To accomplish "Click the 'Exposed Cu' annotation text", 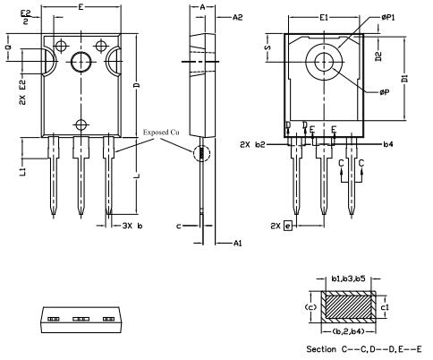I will (165, 133).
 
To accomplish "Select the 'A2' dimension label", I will (237, 17).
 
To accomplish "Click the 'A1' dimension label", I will (237, 243).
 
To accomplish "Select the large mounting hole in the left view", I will (81, 62).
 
